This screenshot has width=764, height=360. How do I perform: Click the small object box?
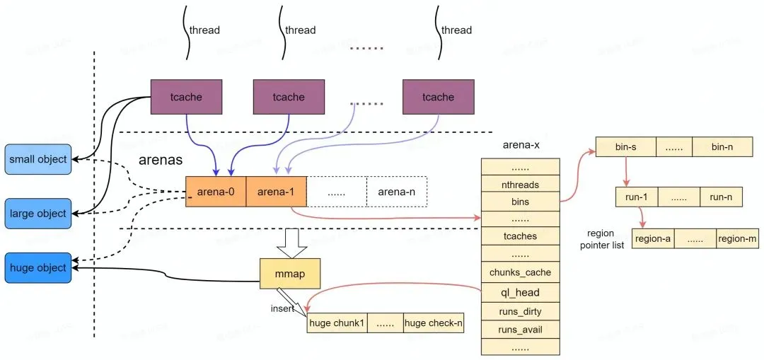[37, 159]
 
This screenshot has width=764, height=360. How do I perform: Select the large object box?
[37, 214]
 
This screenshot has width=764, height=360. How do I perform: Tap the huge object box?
[37, 268]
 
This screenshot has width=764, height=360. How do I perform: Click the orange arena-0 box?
[216, 191]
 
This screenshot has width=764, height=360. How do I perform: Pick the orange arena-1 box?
[276, 191]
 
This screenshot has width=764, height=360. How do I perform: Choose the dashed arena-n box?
[397, 191]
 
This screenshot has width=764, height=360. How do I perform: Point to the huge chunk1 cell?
[337, 323]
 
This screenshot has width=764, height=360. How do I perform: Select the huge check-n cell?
[434, 323]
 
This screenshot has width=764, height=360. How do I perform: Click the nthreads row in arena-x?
[520, 185]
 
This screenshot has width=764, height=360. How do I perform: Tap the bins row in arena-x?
[520, 202]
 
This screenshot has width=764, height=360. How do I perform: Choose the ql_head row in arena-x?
[520, 292]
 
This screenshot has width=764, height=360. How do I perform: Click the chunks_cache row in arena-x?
[520, 272]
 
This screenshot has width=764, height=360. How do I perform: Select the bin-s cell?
[626, 147]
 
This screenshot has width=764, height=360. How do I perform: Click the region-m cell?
[737, 239]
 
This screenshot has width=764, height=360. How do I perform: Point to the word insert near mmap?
[282, 309]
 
